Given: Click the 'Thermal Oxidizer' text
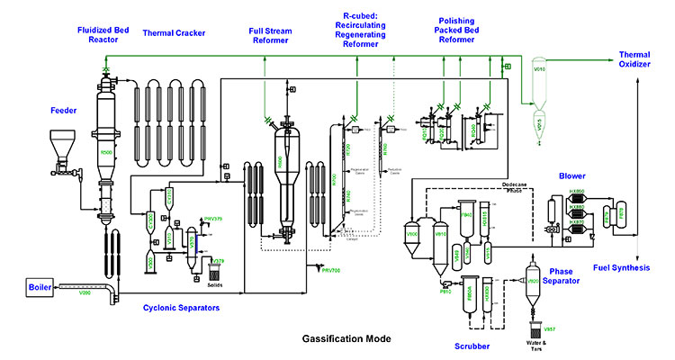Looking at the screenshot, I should click(636, 59).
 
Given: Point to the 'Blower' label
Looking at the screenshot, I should click(572, 176).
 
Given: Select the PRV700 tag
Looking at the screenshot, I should click(333, 269).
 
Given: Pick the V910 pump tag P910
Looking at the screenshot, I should click(445, 290).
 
